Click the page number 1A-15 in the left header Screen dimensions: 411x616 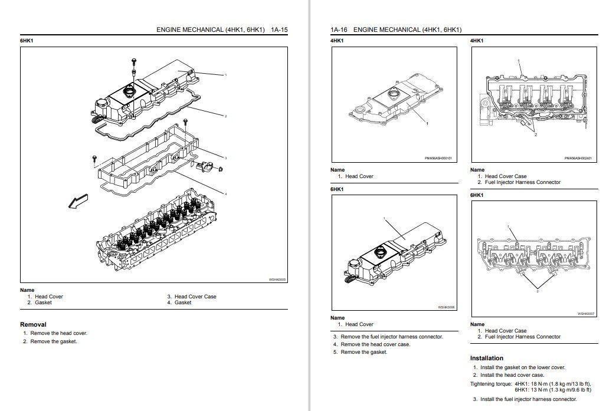[x=279, y=29]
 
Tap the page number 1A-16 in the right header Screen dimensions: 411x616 [x=339, y=29]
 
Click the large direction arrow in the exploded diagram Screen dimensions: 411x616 [x=77, y=201]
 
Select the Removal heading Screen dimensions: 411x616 [x=33, y=324]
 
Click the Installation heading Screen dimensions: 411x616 [x=487, y=358]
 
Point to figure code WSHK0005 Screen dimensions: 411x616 [x=277, y=280]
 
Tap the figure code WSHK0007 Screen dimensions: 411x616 [x=585, y=314]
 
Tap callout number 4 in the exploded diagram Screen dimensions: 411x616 [x=225, y=194]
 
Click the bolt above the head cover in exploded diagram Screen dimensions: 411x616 [x=134, y=63]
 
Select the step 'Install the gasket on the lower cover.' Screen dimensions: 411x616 [x=522, y=367]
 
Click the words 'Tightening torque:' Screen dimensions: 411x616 [x=490, y=384]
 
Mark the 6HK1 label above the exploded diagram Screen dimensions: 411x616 [x=27, y=41]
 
